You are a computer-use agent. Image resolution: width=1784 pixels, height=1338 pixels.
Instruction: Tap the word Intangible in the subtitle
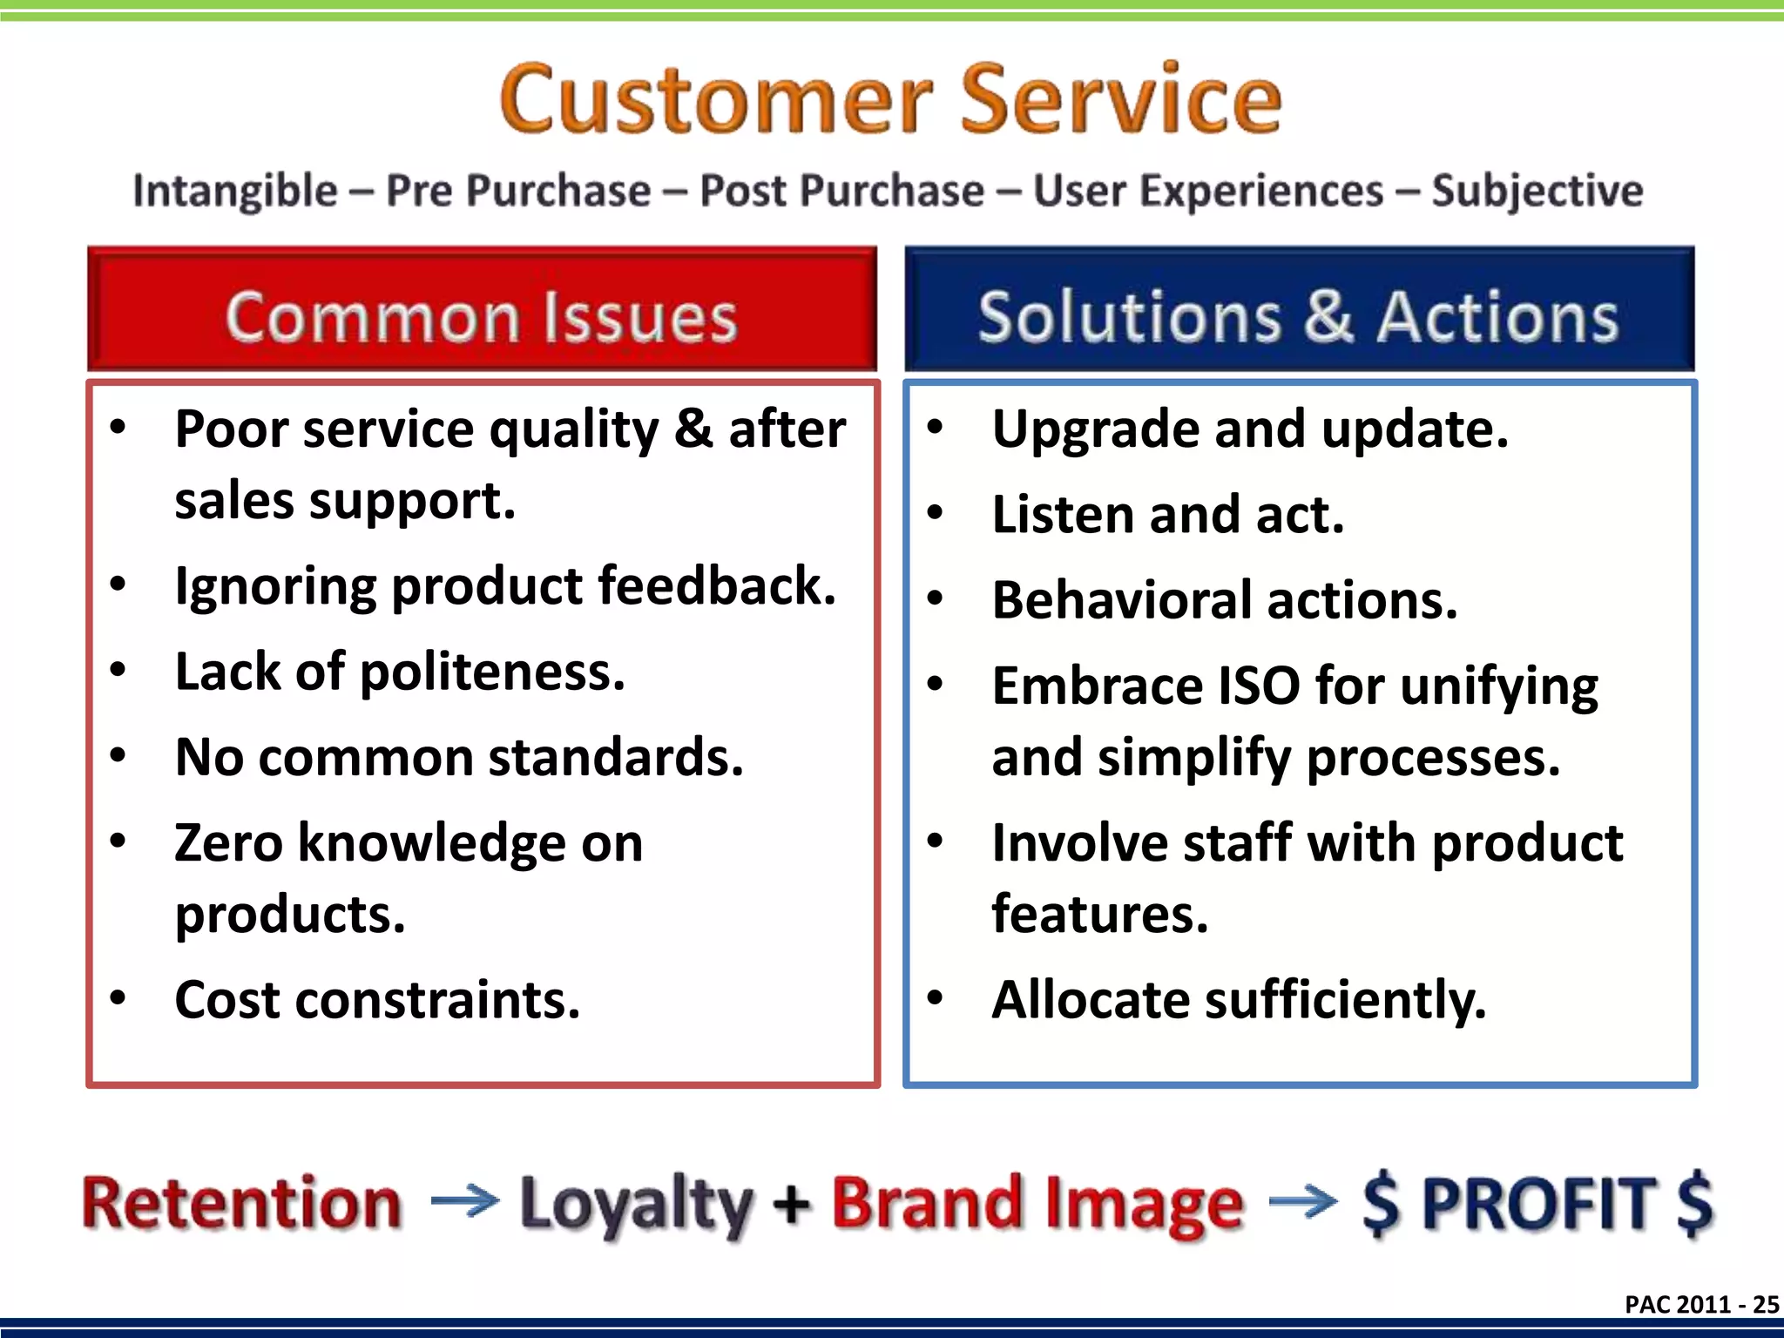235,191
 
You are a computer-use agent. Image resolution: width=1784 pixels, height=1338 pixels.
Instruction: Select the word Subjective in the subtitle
1537,191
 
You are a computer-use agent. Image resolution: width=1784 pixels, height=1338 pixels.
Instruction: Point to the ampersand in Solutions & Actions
1328,314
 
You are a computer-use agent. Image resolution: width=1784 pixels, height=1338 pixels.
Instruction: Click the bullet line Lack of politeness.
400,672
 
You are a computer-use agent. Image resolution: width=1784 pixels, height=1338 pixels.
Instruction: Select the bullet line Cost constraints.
377,999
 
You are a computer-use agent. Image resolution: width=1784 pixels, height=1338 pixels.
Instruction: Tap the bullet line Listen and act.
1167,515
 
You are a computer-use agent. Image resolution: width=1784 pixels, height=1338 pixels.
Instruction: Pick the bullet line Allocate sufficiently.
1238,999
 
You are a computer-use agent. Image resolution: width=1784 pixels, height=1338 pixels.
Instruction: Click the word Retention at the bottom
242,1203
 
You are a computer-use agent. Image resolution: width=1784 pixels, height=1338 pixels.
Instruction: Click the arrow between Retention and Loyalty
464,1202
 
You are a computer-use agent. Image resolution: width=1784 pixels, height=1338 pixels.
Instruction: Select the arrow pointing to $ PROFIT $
1302,1202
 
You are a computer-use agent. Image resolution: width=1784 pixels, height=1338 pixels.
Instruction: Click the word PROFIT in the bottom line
1537,1203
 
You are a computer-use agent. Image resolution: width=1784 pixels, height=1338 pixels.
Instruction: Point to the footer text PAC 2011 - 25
1701,1304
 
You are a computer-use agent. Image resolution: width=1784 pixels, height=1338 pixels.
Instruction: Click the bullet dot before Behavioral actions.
935,599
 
